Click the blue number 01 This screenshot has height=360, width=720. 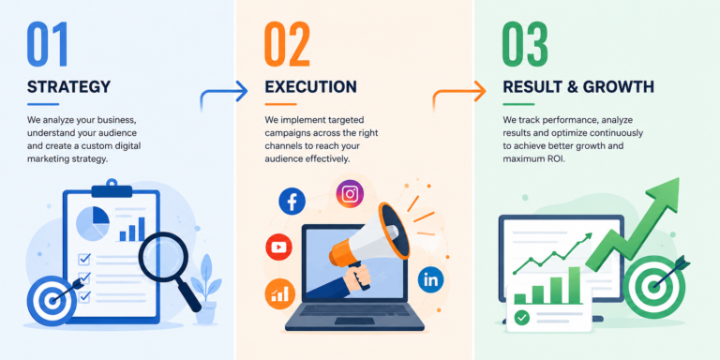point(47,44)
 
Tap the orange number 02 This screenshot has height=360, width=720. point(288,44)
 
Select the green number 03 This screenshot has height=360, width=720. point(525,44)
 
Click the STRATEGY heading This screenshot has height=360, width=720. point(68,87)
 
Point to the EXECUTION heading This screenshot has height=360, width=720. point(310,87)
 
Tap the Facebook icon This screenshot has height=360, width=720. point(292,202)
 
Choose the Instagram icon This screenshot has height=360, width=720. point(350,193)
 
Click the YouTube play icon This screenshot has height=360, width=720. point(278,247)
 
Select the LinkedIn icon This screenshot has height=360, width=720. point(430,279)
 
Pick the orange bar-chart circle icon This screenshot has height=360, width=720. point(279,294)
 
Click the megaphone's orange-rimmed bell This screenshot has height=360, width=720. point(393,231)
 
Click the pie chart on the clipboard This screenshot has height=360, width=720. point(92,223)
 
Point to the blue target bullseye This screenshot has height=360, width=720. point(52,301)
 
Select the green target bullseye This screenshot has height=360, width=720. point(653,287)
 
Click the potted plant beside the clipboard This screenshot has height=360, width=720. point(205,290)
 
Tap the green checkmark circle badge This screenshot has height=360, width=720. point(521,317)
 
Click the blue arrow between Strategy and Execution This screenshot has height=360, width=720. point(224,94)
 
